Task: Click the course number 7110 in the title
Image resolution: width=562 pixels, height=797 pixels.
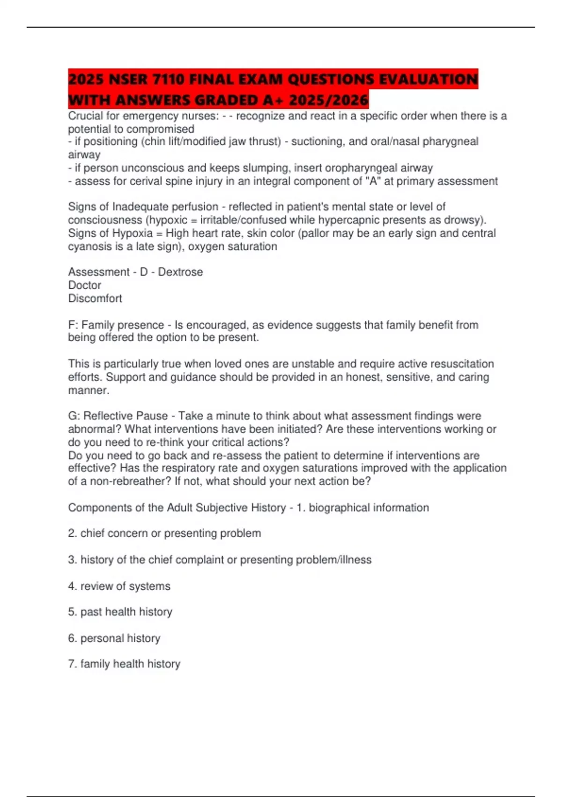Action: pos(168,79)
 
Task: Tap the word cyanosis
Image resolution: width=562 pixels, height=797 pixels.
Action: pos(89,247)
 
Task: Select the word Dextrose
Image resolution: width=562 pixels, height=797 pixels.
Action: pos(180,272)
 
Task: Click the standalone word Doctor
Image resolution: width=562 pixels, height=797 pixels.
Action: pos(84,285)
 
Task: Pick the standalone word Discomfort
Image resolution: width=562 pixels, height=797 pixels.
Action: pos(95,298)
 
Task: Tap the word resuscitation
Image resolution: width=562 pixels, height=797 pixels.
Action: pos(462,364)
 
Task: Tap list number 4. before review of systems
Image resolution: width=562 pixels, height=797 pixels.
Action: pos(72,586)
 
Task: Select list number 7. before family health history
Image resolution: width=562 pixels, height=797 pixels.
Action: pos(72,664)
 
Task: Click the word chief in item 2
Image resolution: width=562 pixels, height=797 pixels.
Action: pos(92,534)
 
